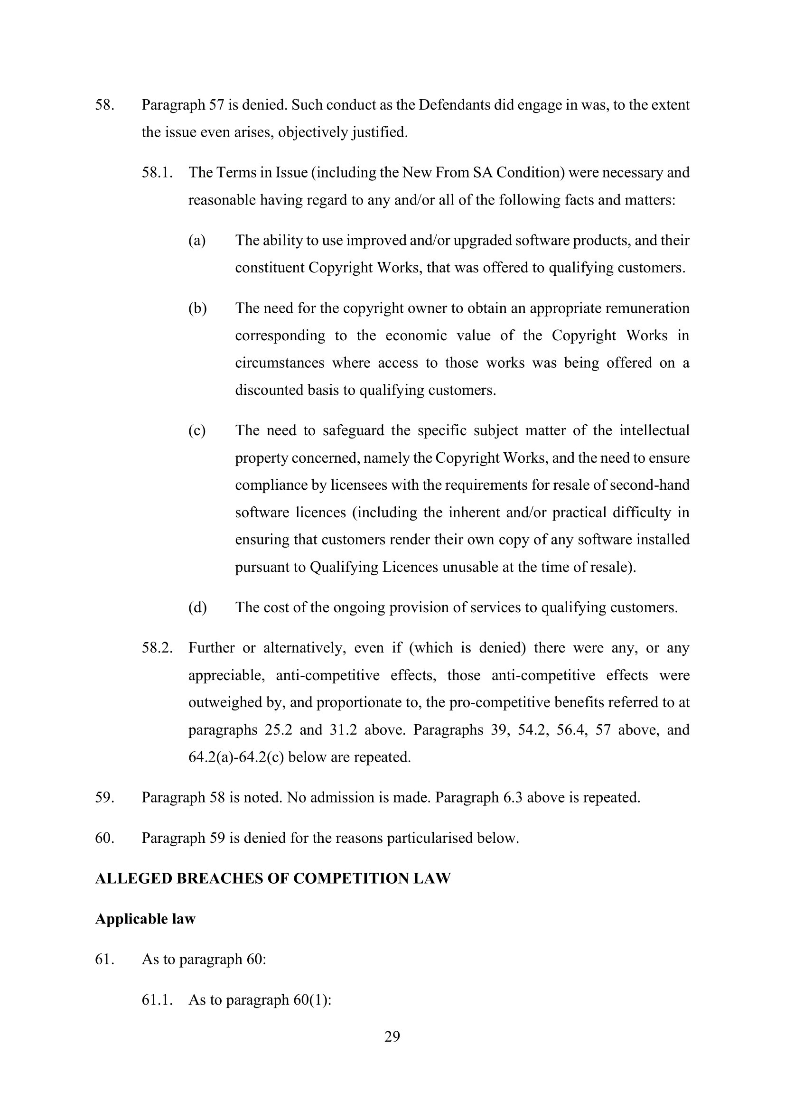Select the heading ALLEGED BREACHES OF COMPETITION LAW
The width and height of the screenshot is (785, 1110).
pos(272,878)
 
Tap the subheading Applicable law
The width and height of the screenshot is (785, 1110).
pos(145,919)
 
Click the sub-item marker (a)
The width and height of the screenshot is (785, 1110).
pos(197,241)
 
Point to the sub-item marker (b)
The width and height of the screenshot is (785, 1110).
pos(197,308)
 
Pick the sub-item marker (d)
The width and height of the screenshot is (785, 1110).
pos(197,608)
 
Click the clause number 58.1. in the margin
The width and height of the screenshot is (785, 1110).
pos(157,173)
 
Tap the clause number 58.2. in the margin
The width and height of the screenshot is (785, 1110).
pos(157,648)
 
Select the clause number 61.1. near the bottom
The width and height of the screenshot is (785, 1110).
pos(157,999)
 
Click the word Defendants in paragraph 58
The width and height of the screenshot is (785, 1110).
pos(454,105)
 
